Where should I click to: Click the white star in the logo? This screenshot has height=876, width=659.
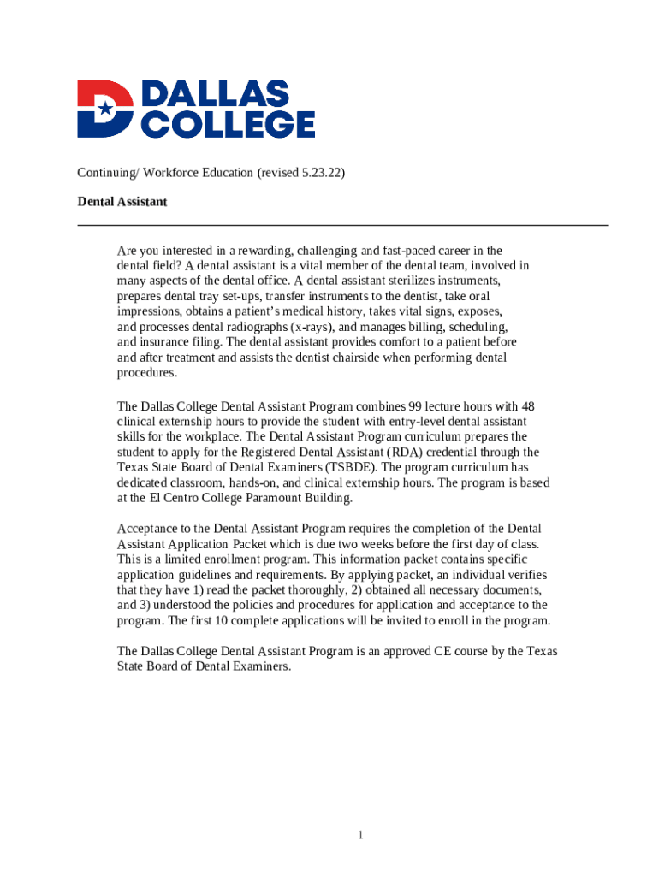pyautogui.click(x=104, y=109)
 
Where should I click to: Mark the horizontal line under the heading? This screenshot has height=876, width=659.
pyautogui.click(x=342, y=225)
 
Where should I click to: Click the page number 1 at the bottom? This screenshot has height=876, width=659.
pyautogui.click(x=362, y=835)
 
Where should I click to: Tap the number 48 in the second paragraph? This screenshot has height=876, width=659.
pyautogui.click(x=527, y=406)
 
